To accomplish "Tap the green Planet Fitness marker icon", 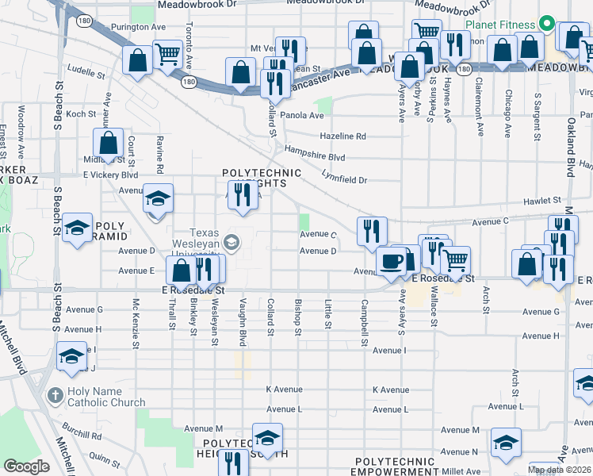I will pos(546,24).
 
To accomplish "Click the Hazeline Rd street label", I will pos(342,136).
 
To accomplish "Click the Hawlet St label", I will pos(542,201).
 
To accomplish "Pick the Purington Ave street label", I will pos(138,27).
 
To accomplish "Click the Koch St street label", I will pos(81,114).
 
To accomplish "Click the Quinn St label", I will pos(103,456).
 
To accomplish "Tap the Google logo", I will pos(26,466).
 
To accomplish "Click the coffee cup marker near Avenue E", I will pos(390,263).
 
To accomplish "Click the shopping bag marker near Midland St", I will pos(109,144).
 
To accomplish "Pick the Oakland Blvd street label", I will pos(571,148).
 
